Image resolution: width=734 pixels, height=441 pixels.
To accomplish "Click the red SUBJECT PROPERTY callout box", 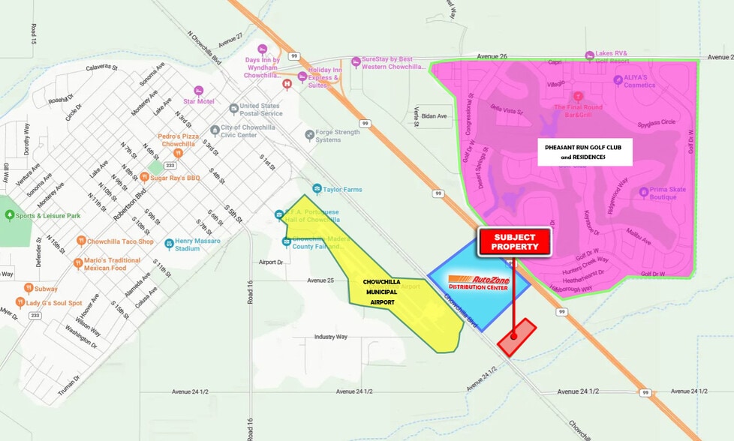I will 514,241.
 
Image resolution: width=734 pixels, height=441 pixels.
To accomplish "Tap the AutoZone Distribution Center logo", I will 479,283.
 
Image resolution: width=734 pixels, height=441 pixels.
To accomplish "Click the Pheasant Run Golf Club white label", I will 588,151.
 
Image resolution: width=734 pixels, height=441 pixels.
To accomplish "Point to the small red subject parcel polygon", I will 517,337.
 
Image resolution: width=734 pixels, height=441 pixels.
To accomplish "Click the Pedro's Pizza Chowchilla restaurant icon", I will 179,153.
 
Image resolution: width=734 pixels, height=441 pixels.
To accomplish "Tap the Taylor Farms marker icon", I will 317,189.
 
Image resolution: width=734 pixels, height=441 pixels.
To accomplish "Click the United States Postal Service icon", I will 233,109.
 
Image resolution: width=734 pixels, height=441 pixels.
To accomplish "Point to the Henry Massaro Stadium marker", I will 170,244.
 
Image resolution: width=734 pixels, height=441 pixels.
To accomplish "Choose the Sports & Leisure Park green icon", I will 9,215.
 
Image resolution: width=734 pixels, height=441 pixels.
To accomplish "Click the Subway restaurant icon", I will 28,288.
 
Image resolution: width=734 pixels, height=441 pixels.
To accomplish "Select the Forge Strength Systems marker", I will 309,135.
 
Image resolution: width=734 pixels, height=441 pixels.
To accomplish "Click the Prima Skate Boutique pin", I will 644,193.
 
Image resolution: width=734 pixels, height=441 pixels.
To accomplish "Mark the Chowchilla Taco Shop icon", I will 81,241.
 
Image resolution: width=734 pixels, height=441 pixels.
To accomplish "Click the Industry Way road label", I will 330,337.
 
